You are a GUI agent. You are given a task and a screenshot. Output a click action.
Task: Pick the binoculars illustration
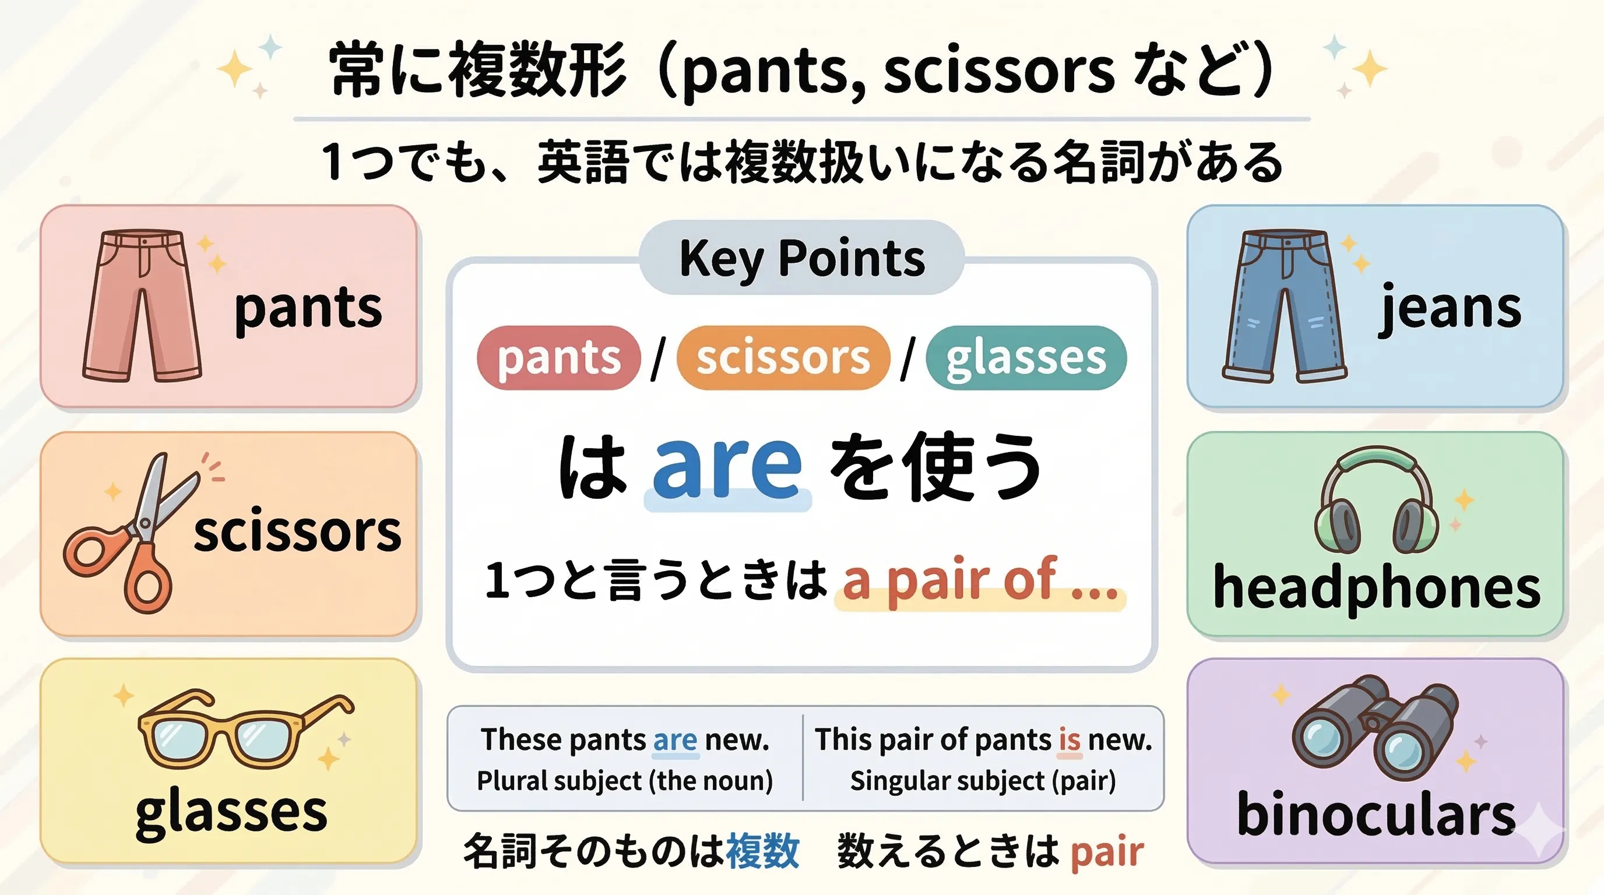(1375, 728)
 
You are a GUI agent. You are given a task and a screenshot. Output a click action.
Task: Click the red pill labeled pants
(558, 358)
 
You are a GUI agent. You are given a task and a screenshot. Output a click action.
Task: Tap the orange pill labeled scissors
(783, 358)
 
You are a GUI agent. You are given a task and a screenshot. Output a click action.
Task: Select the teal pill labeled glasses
(1026, 358)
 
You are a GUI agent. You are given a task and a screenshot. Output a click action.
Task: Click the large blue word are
(727, 467)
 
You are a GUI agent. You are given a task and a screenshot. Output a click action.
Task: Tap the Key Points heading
(802, 258)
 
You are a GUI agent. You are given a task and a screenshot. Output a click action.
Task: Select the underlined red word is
(1069, 740)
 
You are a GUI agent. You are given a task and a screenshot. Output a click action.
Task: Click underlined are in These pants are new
(675, 740)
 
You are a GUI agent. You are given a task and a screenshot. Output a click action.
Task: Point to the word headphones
(1376, 588)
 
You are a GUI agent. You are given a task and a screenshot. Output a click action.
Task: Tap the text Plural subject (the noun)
(625, 780)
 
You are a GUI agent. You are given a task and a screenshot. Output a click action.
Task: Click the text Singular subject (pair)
(983, 780)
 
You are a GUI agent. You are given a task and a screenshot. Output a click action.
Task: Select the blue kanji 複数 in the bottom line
(762, 851)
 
